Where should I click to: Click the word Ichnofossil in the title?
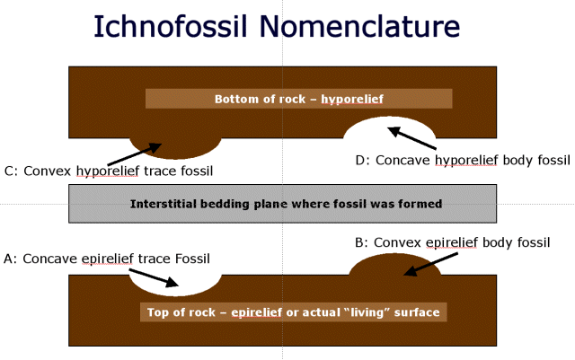[x=171, y=26]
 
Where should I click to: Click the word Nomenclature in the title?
[x=359, y=26]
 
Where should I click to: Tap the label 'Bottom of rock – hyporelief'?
[x=299, y=99]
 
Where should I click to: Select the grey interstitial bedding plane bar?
[x=283, y=204]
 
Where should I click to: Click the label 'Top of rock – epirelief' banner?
[x=294, y=312]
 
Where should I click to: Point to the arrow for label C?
[x=134, y=154]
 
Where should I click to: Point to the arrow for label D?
[x=411, y=138]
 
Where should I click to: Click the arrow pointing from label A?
[x=154, y=277]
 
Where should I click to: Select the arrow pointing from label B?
[x=431, y=264]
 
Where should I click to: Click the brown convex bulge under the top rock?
[x=175, y=148]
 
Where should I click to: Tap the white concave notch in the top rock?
[x=389, y=127]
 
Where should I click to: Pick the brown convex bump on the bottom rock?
[x=395, y=264]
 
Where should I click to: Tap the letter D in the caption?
[x=360, y=160]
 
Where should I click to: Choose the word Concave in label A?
[x=50, y=259]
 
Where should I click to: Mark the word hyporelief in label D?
[x=466, y=160]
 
